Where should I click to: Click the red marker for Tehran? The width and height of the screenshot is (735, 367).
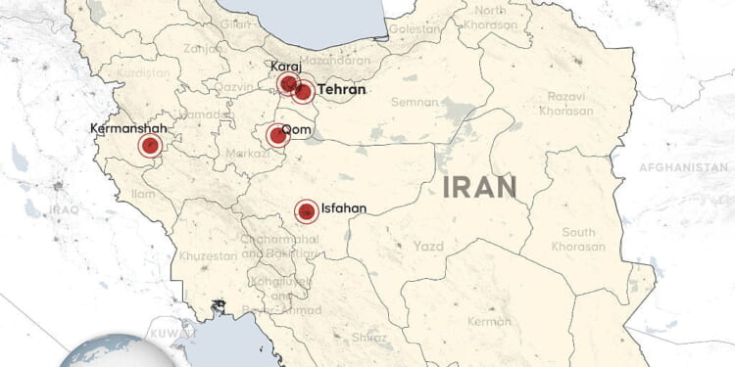[x=303, y=93]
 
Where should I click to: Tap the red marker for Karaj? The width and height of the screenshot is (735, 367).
[x=287, y=84]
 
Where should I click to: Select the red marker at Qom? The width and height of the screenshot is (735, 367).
[x=277, y=136]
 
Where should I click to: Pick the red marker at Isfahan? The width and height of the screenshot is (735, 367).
[x=306, y=210]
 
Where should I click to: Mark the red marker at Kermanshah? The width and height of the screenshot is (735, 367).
[x=150, y=147]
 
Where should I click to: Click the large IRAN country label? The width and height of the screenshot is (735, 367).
[x=479, y=187]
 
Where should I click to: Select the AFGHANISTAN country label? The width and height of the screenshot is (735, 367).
[x=684, y=168]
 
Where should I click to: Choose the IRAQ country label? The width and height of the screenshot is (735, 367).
[x=64, y=209]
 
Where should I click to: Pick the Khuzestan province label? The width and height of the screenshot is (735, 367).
[x=208, y=255]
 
